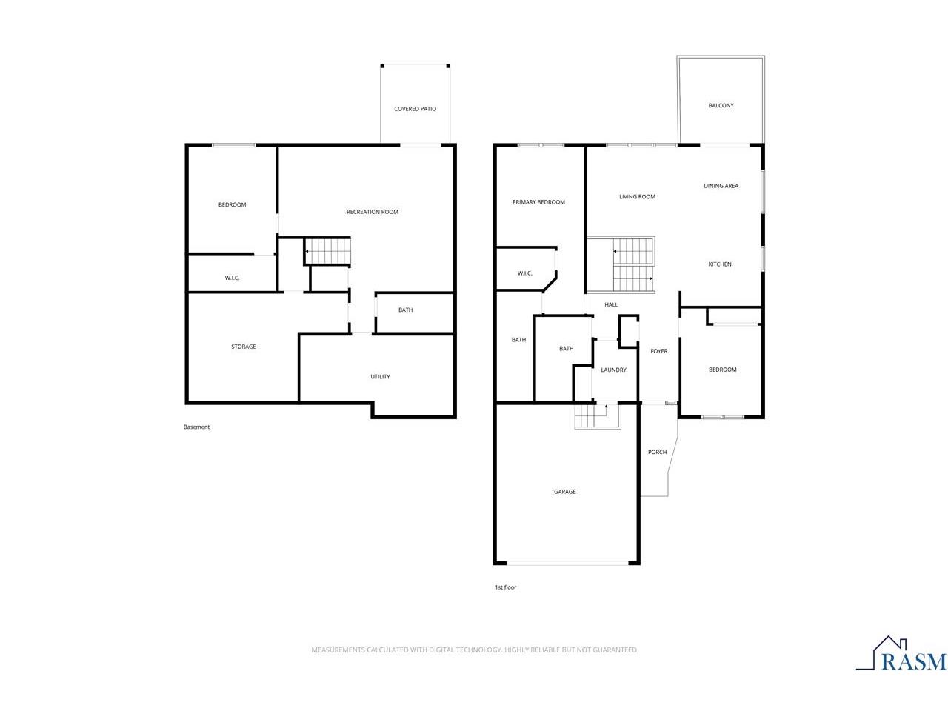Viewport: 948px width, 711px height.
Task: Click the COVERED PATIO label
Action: [x=415, y=109]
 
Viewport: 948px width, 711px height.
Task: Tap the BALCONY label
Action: [x=721, y=105]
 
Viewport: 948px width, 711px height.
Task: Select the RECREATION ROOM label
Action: [x=372, y=212]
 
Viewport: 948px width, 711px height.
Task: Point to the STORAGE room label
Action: [x=243, y=346]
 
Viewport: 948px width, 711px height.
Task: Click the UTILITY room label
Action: [x=380, y=376]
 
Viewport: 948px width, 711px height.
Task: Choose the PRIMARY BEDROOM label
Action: [x=538, y=202]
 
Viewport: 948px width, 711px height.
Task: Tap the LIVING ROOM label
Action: [x=637, y=196]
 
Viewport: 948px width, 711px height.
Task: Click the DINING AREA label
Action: [x=721, y=186]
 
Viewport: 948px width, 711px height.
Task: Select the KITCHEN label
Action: [x=719, y=264]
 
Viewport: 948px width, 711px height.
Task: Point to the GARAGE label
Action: [x=564, y=491]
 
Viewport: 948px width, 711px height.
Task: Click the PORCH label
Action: [x=657, y=452]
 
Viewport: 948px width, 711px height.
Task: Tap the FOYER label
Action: [x=658, y=351]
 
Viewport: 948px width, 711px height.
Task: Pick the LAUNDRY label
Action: [x=612, y=370]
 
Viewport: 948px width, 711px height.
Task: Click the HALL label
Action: [x=611, y=304]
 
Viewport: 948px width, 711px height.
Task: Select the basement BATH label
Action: [x=405, y=310]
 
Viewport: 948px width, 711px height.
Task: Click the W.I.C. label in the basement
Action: [x=232, y=278]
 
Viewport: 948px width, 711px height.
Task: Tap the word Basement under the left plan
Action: [x=196, y=427]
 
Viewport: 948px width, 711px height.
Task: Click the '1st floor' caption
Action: [x=505, y=587]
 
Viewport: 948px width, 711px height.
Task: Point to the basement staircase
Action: [x=327, y=251]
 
